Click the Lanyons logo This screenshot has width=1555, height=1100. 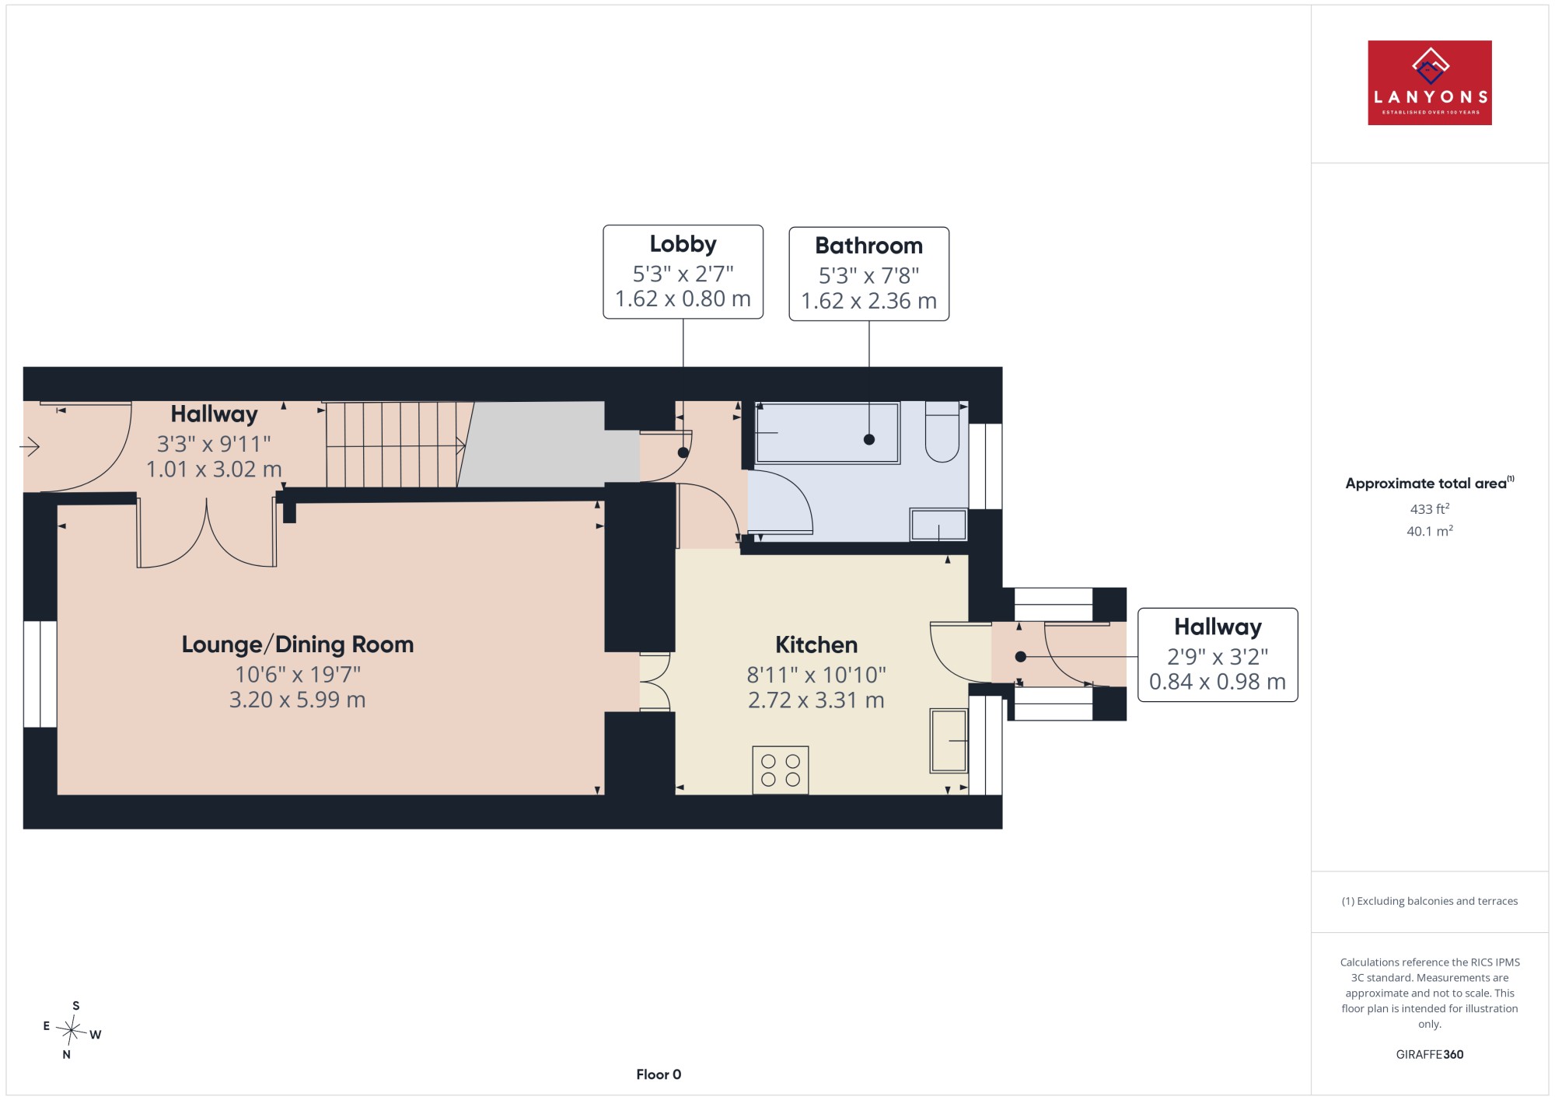tap(1429, 82)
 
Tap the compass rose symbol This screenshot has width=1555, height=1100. tap(72, 1032)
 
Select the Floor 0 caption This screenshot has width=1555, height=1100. tap(659, 1074)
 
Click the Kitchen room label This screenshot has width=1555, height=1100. tap(816, 644)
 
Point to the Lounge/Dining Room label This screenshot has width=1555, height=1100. tap(297, 644)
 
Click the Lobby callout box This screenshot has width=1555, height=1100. tap(683, 272)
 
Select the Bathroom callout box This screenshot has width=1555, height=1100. tap(868, 274)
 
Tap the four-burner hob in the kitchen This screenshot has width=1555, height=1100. tap(781, 770)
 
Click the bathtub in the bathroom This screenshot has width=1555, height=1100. tap(827, 432)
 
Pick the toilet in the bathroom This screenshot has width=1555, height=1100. tap(942, 431)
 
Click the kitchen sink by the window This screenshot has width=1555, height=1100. tap(949, 740)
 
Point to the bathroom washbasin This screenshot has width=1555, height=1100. tap(938, 525)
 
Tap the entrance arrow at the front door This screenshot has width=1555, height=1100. tap(30, 447)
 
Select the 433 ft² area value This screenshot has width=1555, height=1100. tap(1430, 509)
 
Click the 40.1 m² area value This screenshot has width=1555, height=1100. tap(1430, 531)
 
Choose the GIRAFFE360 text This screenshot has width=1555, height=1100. tap(1430, 1054)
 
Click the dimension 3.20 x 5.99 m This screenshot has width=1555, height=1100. tap(297, 700)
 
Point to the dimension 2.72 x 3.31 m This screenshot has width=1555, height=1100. tap(816, 700)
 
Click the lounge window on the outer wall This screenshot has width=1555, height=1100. tap(40, 674)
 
